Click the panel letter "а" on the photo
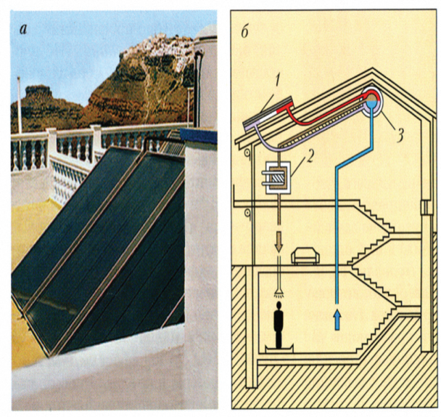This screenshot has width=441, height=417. (x=23, y=30)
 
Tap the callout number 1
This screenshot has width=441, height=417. (x=277, y=81)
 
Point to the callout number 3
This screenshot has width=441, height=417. (x=400, y=134)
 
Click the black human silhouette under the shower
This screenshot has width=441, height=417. (x=279, y=325)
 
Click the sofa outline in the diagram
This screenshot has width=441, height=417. (x=306, y=256)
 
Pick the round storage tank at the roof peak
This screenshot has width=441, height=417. (x=372, y=102)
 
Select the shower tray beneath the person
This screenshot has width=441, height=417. (x=279, y=349)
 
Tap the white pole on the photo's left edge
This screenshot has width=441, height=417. (x=19, y=105)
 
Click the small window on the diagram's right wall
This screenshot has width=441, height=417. (x=426, y=207)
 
